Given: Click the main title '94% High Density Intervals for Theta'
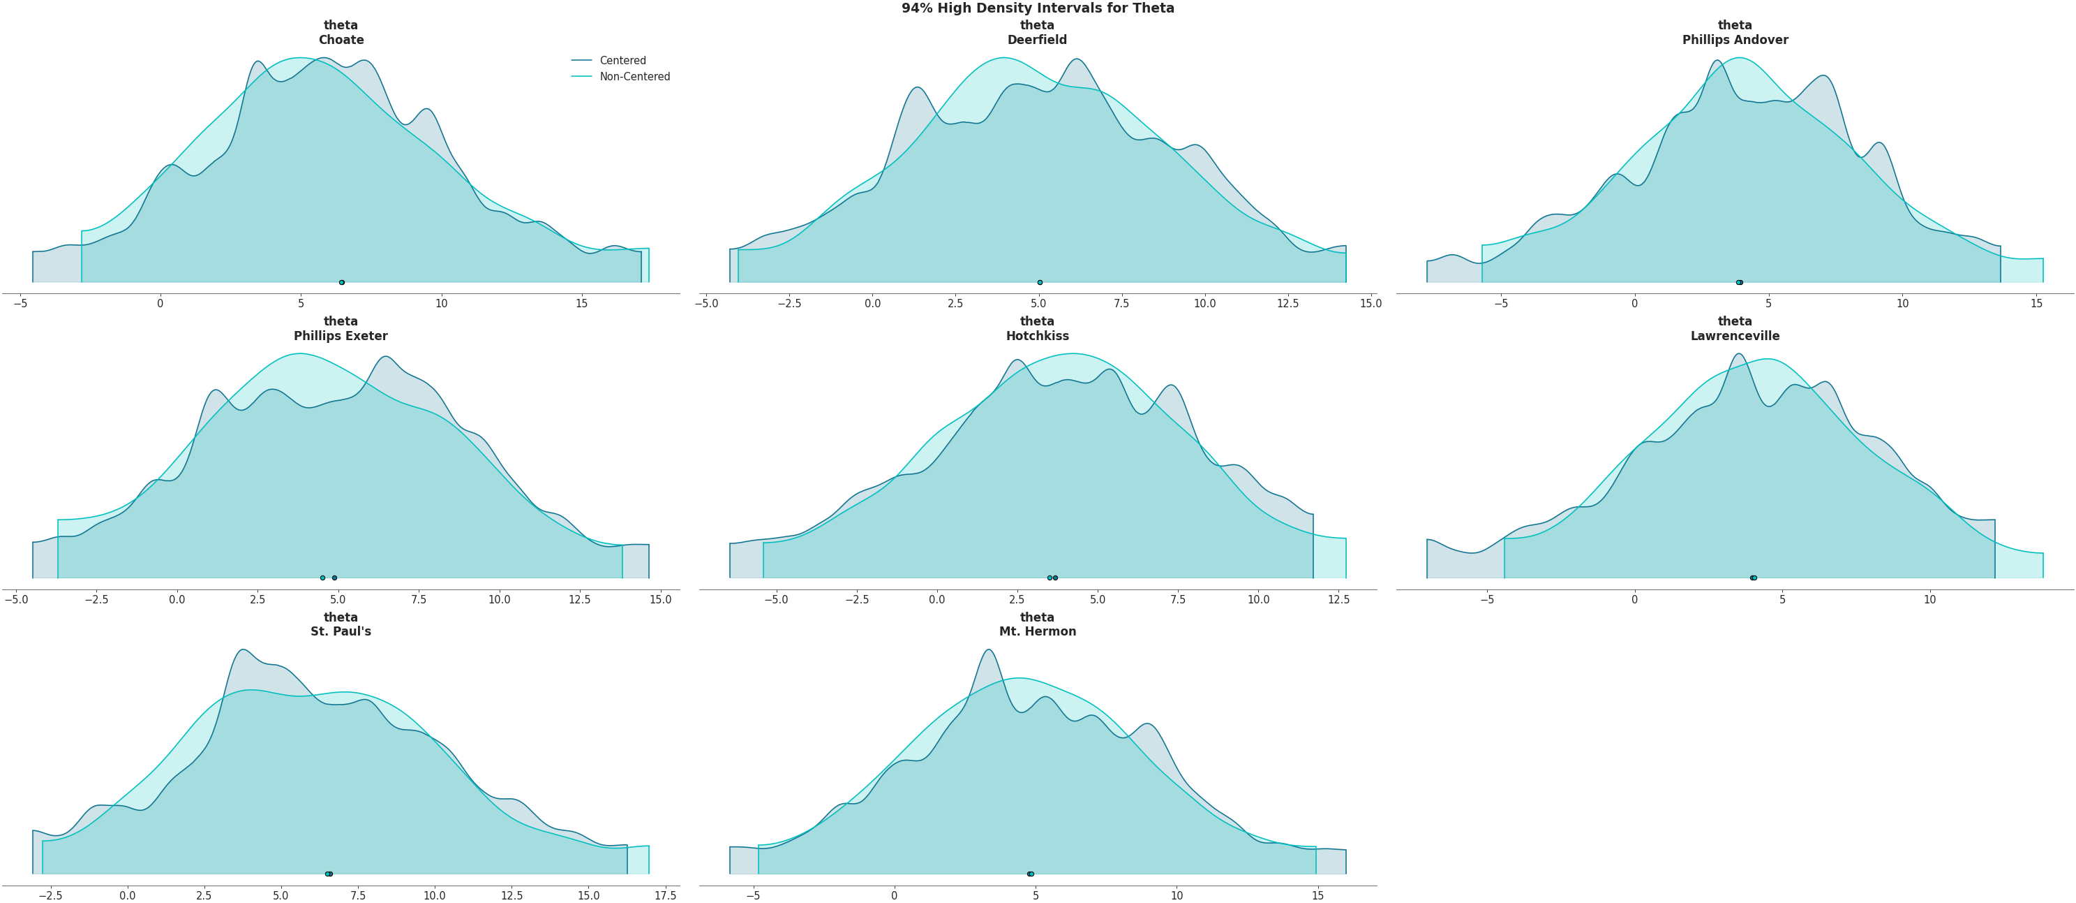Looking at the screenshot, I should tap(1037, 8).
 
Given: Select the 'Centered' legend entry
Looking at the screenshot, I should tap(622, 61).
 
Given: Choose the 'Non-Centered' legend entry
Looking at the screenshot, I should tap(634, 77).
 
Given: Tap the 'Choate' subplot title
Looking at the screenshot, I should tap(341, 40).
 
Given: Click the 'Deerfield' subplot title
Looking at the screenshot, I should tap(1037, 40).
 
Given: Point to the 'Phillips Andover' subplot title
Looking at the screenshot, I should tap(1734, 40).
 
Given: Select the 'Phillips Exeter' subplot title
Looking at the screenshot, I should tap(341, 335).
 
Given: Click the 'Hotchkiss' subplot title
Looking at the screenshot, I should tap(1037, 335).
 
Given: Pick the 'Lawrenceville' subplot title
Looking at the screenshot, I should tap(1734, 335).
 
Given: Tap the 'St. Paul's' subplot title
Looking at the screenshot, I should tap(341, 631).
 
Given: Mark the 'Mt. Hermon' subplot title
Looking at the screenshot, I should tap(1037, 631).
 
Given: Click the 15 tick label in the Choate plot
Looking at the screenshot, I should tap(582, 304).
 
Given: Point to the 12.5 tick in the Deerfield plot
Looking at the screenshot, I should tap(1288, 304).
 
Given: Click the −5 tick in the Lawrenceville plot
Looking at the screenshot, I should tap(1487, 600).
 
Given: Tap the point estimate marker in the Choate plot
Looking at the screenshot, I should tap(342, 282).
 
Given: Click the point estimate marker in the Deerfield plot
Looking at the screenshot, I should tap(1040, 282).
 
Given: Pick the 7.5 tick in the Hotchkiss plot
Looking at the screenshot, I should tap(1178, 600).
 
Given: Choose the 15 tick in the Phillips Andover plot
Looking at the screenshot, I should tap(2036, 304).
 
